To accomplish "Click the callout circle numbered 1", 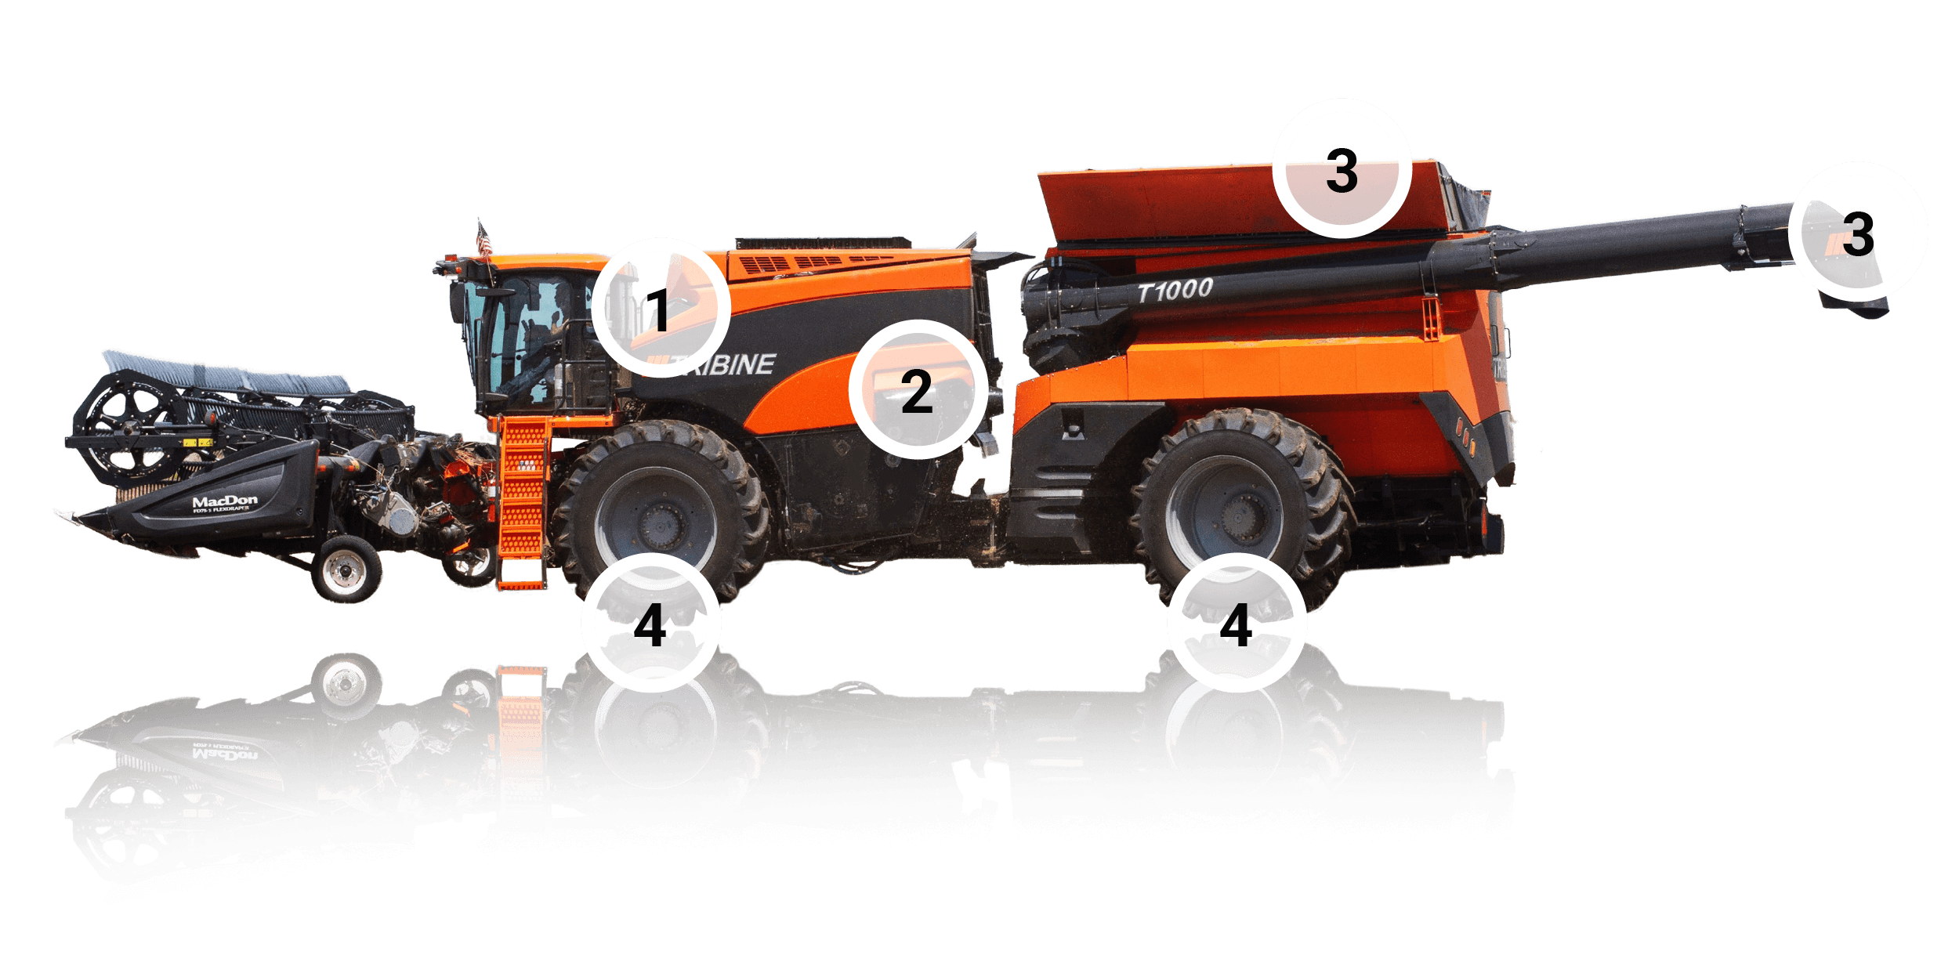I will pyautogui.click(x=661, y=308).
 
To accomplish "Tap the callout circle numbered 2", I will pyautogui.click(x=918, y=389).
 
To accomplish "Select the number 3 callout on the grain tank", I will pyautogui.click(x=1342, y=169).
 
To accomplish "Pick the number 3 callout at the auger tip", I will pyautogui.click(x=1857, y=232).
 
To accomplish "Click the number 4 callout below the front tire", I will pyautogui.click(x=650, y=624).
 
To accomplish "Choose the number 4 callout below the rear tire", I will pyautogui.click(x=1237, y=624).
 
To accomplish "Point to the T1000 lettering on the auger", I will pyautogui.click(x=1175, y=291).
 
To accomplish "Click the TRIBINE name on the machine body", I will pyautogui.click(x=725, y=364).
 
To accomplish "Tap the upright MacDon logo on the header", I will pyautogui.click(x=225, y=501).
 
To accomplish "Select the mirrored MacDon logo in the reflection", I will pyautogui.click(x=225, y=754).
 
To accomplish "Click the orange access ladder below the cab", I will pyautogui.click(x=523, y=501).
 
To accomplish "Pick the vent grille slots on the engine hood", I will pyautogui.click(x=815, y=262).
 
